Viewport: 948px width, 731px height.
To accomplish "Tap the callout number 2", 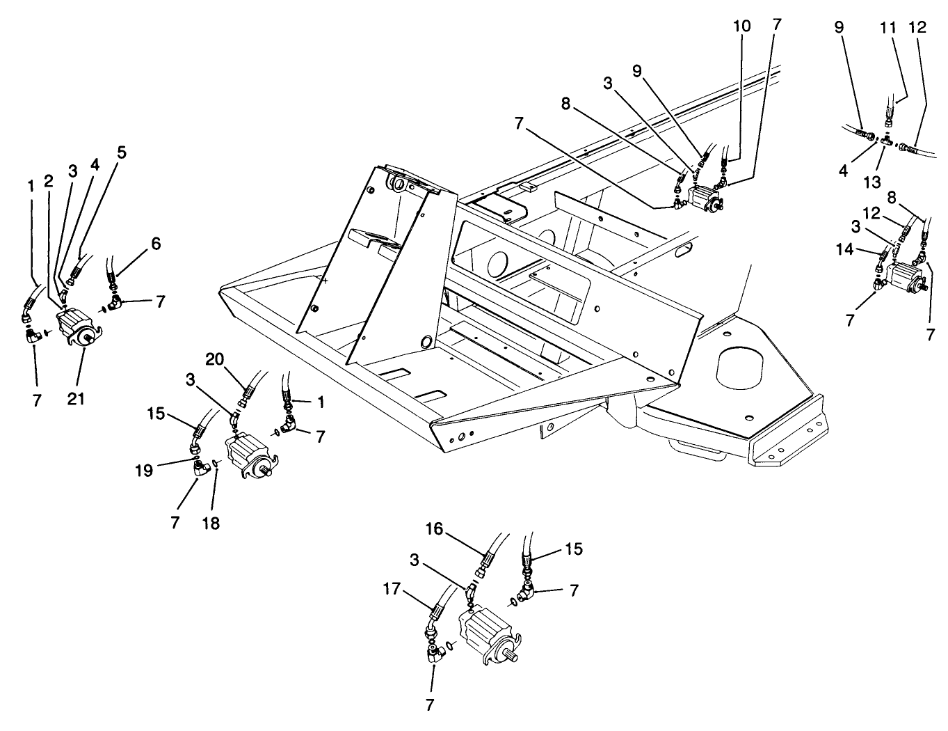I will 49,181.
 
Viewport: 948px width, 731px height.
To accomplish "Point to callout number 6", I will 155,244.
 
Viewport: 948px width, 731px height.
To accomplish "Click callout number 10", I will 742,26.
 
